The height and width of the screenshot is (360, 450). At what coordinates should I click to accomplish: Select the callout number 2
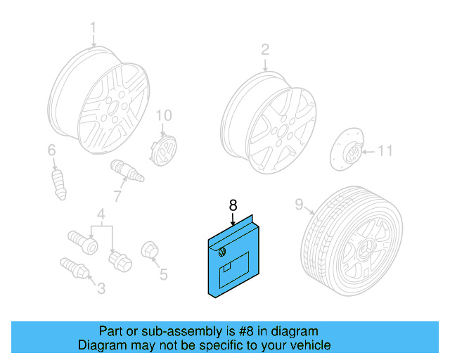click(x=265, y=49)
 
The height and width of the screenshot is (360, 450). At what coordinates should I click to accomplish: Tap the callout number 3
click(x=101, y=288)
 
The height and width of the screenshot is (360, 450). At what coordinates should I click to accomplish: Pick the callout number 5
click(x=163, y=275)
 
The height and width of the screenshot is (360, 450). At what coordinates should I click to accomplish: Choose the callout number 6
click(x=51, y=150)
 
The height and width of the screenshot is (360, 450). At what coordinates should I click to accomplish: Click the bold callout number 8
click(x=233, y=205)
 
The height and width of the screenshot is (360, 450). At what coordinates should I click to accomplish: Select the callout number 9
click(x=299, y=205)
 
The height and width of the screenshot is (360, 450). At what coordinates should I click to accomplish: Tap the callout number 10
click(x=163, y=115)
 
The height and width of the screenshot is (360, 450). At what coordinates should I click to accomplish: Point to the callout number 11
click(x=386, y=150)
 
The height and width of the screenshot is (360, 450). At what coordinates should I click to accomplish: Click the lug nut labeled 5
click(x=150, y=251)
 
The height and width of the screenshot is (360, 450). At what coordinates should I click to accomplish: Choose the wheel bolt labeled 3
click(x=73, y=268)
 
